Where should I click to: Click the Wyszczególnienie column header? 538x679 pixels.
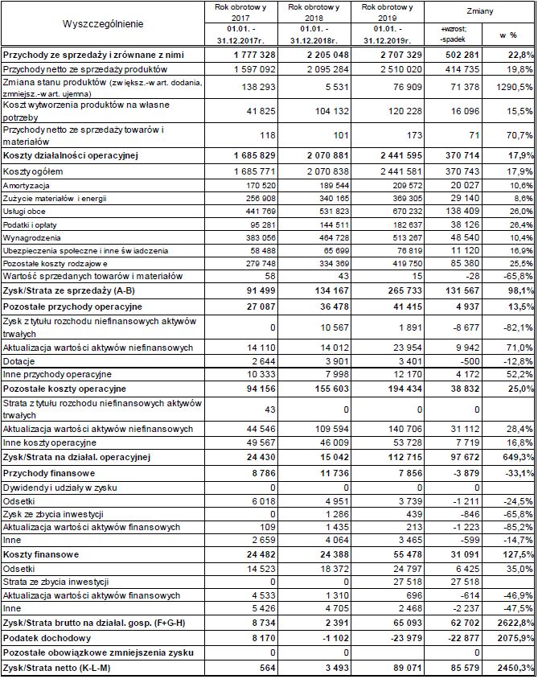pos(103,23)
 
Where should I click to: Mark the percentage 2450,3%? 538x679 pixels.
pos(514,669)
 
